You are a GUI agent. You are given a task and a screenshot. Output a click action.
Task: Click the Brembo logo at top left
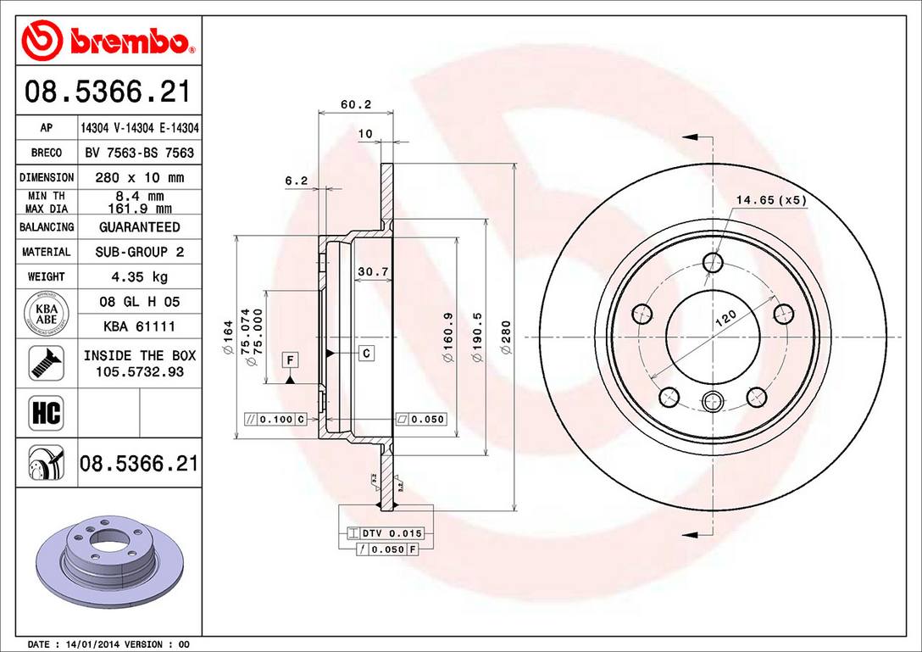click(108, 41)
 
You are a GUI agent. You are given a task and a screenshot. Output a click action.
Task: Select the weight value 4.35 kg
click(139, 276)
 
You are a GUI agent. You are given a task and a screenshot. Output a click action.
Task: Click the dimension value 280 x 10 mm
click(139, 178)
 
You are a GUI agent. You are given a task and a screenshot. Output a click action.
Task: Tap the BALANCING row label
click(47, 227)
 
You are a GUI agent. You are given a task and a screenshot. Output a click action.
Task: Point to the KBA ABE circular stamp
click(46, 314)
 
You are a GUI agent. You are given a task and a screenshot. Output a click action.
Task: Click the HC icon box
click(46, 413)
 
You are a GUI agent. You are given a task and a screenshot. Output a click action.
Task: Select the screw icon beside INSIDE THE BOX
click(46, 363)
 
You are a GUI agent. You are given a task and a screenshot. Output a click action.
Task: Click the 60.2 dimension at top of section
click(356, 104)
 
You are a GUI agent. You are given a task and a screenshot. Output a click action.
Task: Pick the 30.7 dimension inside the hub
click(372, 271)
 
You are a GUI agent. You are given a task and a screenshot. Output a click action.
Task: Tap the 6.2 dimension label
click(295, 180)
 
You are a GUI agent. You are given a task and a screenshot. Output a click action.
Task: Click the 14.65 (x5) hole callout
click(771, 200)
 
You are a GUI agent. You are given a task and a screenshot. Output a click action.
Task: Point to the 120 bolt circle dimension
click(725, 320)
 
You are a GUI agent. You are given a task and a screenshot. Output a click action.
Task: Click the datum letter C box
click(366, 353)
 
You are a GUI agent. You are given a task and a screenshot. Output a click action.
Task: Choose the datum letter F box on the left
click(290, 360)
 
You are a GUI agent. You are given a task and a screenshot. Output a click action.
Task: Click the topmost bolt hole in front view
click(714, 262)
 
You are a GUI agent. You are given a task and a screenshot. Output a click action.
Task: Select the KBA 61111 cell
click(139, 326)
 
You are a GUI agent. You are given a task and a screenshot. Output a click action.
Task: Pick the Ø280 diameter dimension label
click(507, 337)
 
